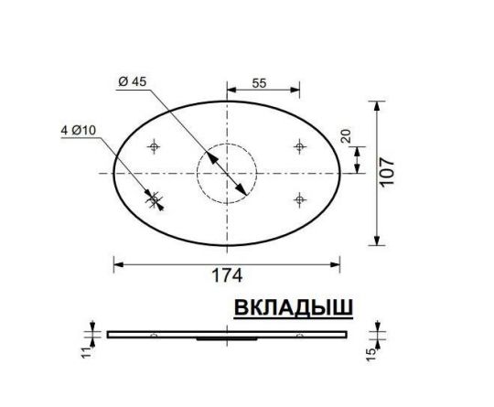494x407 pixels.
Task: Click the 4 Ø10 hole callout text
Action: [80, 131]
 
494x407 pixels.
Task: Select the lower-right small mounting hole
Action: [299, 198]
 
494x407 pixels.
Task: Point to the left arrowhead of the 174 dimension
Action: [116, 263]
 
